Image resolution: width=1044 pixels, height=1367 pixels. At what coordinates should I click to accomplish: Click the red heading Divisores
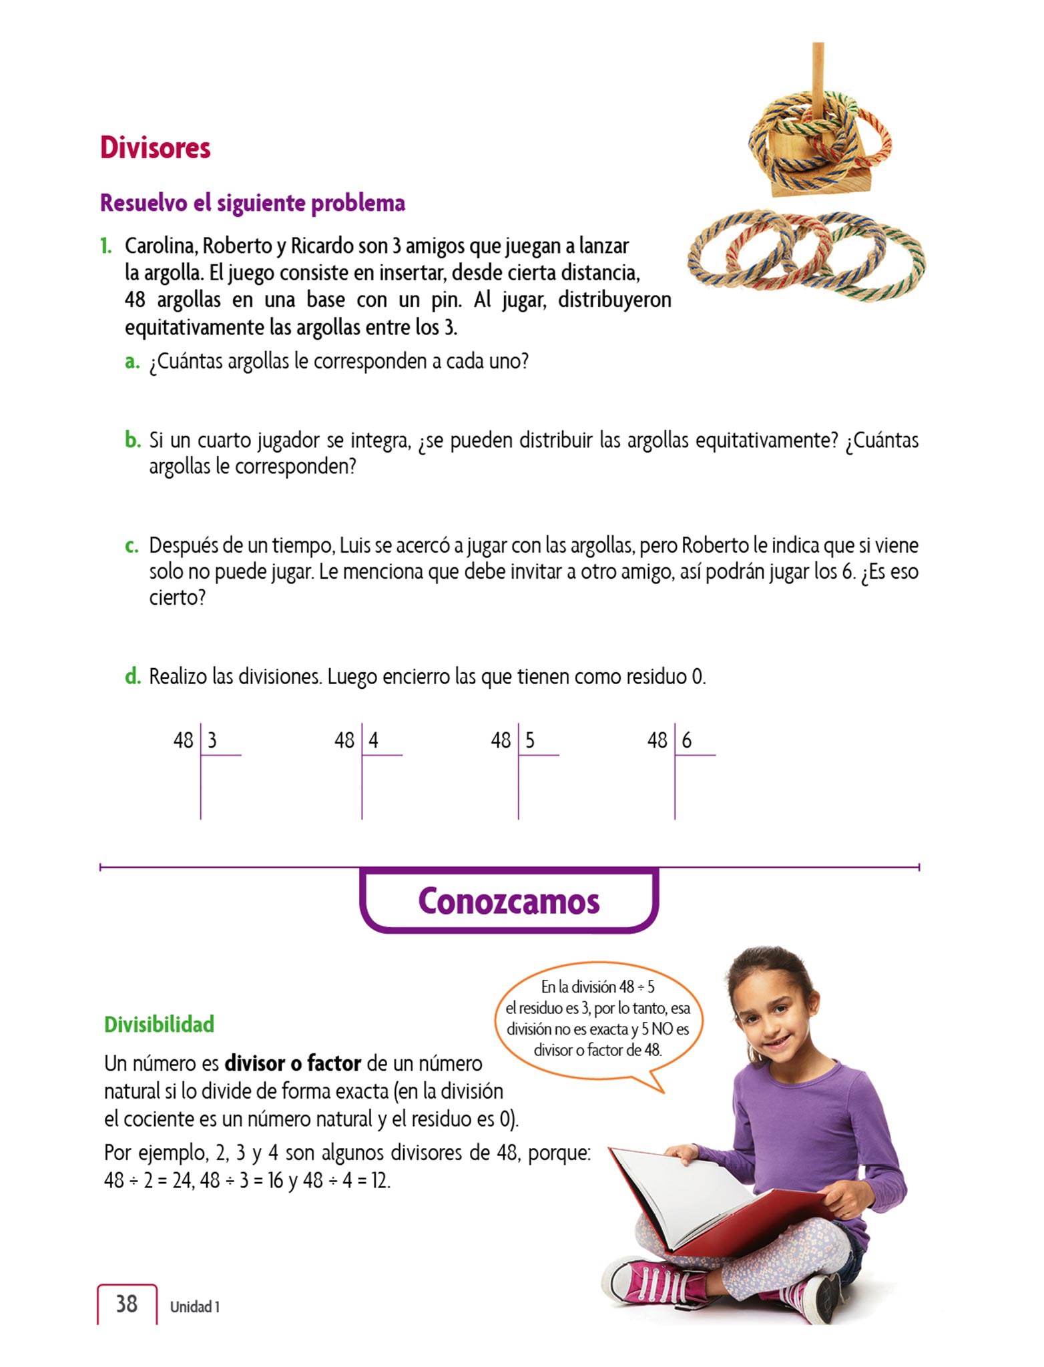[x=155, y=148]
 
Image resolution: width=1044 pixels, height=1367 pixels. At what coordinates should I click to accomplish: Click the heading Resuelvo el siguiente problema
[x=252, y=203]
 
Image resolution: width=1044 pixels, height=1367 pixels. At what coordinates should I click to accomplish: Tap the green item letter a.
[x=132, y=362]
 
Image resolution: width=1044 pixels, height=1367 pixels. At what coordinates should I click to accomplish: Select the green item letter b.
[x=133, y=441]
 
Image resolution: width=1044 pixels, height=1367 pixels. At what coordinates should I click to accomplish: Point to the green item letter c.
[x=132, y=546]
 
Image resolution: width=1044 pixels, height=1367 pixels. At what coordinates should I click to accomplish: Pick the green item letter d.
[x=133, y=677]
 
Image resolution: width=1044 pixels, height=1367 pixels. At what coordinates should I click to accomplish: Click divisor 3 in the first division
[x=212, y=740]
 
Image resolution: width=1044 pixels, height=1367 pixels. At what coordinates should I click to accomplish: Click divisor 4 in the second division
[x=374, y=740]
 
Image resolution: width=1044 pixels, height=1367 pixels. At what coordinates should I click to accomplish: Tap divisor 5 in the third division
[x=530, y=740]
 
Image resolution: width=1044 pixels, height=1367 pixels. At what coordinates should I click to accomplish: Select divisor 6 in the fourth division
[x=687, y=740]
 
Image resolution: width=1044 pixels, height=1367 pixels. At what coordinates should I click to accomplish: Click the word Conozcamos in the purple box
[x=509, y=901]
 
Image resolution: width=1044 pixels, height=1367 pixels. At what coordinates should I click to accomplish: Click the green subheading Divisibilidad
[x=159, y=1025]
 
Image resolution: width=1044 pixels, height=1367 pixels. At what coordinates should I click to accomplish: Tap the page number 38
[x=127, y=1304]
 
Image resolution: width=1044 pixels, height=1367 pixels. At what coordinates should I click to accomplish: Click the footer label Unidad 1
[x=194, y=1307]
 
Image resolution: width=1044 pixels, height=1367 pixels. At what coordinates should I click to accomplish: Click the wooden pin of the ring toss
[x=818, y=73]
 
